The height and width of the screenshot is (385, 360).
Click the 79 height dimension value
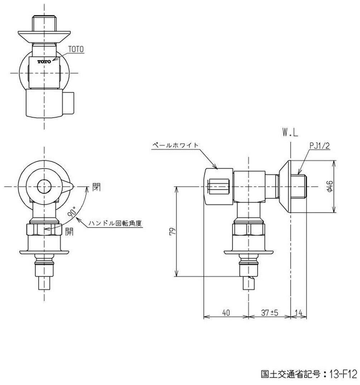click(x=173, y=232)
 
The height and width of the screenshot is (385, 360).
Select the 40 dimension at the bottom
click(x=226, y=313)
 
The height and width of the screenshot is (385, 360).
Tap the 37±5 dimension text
click(x=270, y=313)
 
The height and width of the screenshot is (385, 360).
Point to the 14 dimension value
click(x=298, y=313)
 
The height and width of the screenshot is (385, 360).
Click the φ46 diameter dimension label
click(x=330, y=187)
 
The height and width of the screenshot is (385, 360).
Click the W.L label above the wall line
click(x=290, y=133)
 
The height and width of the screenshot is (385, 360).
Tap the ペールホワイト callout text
click(x=175, y=145)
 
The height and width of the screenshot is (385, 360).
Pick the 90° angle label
click(x=72, y=212)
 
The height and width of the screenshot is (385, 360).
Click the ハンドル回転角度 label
click(x=115, y=223)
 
